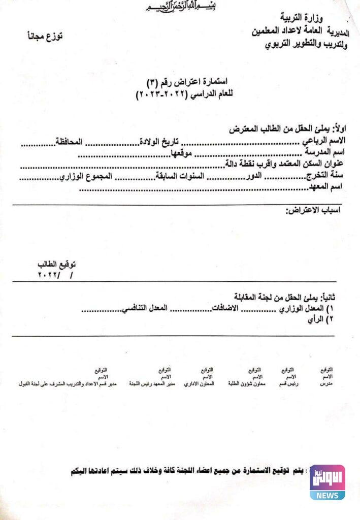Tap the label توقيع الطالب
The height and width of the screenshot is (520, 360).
(56, 265)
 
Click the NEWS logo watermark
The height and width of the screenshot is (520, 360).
(328, 481)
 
